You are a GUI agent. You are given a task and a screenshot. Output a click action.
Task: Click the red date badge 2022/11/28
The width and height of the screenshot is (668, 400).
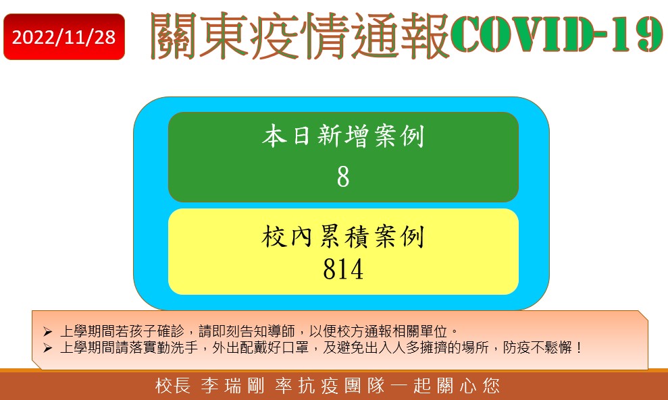[x=64, y=37]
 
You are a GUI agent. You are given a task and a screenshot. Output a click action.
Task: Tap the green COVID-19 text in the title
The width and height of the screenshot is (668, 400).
[x=557, y=34]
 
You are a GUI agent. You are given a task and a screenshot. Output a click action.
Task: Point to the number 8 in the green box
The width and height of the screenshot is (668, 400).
[x=343, y=177]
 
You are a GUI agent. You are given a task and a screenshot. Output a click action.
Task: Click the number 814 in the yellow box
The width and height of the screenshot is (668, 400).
[x=343, y=269]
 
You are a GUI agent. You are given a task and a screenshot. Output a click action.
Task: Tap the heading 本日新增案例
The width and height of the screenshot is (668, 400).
[x=343, y=136]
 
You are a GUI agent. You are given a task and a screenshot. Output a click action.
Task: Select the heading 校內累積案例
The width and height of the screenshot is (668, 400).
[x=343, y=236]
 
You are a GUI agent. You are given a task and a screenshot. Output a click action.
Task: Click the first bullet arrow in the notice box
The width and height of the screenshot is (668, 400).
[x=47, y=331]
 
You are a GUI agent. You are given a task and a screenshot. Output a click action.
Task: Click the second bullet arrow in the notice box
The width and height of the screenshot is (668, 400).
[x=47, y=348]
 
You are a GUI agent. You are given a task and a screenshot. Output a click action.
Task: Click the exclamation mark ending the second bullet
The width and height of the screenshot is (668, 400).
[x=578, y=347]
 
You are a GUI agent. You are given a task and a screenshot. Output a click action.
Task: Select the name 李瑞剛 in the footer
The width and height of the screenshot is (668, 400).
[x=232, y=386]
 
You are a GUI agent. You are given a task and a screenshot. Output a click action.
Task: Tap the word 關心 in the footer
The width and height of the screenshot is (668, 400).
[x=457, y=386]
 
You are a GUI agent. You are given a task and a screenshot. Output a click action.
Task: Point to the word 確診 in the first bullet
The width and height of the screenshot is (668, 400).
[x=171, y=331]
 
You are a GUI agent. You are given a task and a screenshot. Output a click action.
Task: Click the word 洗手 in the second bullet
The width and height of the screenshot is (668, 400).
[x=184, y=347]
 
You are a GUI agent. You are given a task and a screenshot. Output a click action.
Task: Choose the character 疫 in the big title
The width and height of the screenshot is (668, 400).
[x=274, y=36]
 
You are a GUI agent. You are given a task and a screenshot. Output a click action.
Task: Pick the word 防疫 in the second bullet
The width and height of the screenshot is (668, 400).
[x=516, y=347]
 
